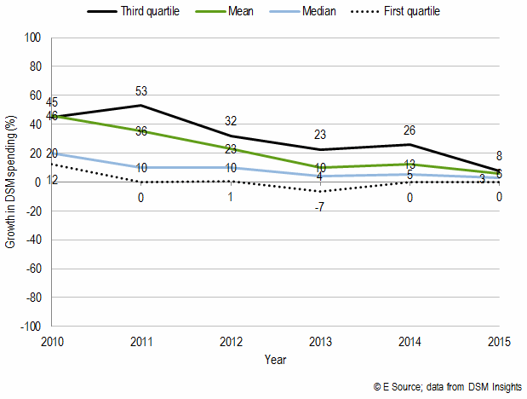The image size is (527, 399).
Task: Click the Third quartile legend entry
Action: [146, 11]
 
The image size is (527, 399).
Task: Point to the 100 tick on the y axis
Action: [34, 38]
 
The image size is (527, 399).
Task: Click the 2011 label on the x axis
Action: [140, 342]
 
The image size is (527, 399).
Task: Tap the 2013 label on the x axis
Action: [319, 342]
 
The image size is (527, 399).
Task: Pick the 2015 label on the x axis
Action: [498, 342]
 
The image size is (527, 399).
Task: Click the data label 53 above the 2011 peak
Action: [140, 91]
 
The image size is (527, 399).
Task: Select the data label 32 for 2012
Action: [230, 121]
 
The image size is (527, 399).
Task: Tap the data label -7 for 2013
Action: [319, 207]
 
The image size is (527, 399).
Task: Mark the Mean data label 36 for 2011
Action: [140, 130]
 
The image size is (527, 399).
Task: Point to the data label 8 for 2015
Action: [499, 156]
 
